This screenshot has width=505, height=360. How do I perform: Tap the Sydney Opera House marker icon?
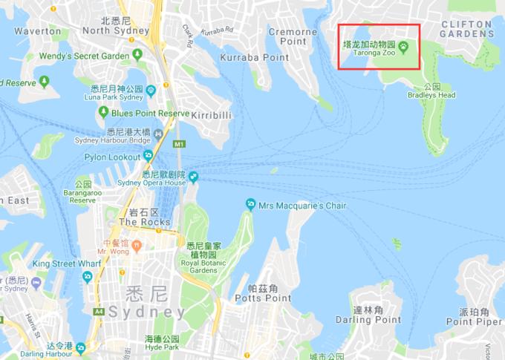(194, 177)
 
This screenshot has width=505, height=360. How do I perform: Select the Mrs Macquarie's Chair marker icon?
(251, 204)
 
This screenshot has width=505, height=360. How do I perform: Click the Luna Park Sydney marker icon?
(151, 90)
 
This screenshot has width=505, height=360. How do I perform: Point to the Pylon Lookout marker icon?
(148, 156)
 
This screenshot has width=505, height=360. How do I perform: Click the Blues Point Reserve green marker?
(103, 112)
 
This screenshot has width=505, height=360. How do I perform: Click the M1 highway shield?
(178, 143)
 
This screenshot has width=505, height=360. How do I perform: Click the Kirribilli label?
(212, 116)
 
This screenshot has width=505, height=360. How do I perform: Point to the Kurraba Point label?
(255, 57)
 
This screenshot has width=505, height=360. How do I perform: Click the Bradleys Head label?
(431, 95)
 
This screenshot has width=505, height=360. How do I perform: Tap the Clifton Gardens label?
(466, 29)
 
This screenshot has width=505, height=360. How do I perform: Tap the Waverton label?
(37, 31)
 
